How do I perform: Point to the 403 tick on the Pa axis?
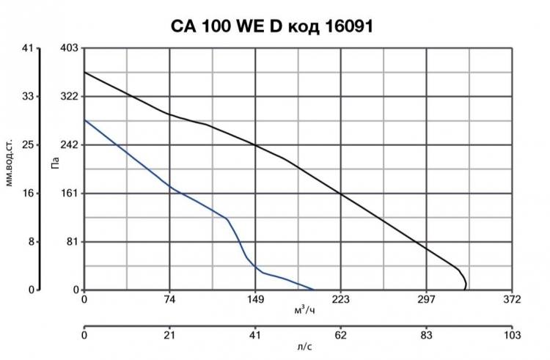[69, 48]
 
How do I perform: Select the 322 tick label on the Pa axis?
[69, 97]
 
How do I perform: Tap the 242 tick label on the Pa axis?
[69, 145]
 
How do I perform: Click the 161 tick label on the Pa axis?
[69, 194]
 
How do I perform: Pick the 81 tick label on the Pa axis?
[71, 242]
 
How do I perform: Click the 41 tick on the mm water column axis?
[29, 48]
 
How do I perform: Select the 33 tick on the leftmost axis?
[29, 97]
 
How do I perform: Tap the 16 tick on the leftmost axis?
[29, 194]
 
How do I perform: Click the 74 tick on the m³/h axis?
[169, 299]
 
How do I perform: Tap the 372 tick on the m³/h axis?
[512, 299]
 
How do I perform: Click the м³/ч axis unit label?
[304, 311]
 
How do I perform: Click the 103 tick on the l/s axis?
[512, 335]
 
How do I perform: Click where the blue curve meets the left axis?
[84, 120]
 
